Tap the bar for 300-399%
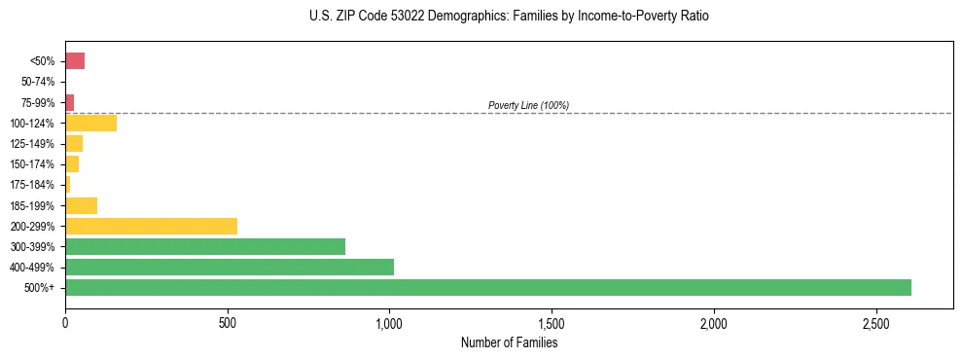[x=205, y=246]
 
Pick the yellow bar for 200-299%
[x=151, y=226]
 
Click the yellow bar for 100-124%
[x=90, y=123]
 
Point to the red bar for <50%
[x=75, y=61]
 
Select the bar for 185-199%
[x=81, y=205]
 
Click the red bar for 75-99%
[x=69, y=102]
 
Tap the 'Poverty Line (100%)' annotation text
[x=528, y=105]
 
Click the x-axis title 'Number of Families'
[x=509, y=342]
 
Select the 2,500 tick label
[x=875, y=322]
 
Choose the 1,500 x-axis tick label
[x=552, y=322]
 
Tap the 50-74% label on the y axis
[x=38, y=82]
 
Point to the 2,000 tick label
[x=714, y=322]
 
